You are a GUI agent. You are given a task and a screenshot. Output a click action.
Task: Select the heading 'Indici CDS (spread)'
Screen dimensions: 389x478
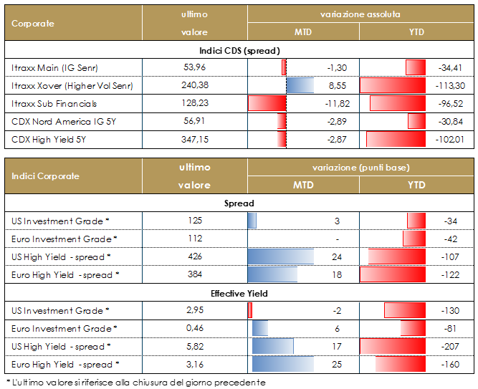(239, 51)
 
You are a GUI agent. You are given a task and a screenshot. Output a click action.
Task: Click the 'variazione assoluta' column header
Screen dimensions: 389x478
(360, 14)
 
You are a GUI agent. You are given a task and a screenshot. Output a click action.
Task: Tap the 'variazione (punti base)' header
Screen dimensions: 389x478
(360, 167)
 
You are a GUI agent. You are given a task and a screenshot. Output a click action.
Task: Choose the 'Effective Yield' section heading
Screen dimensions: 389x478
(239, 292)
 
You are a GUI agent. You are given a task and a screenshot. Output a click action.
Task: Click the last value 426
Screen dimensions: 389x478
(194, 256)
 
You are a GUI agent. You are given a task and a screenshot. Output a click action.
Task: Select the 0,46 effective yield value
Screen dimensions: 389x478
(194, 328)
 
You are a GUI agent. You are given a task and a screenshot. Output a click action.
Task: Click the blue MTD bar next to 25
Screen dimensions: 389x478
(280, 364)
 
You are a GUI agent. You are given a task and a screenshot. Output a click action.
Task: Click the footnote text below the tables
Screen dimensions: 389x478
(135, 382)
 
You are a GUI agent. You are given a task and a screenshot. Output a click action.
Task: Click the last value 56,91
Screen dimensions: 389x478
(194, 122)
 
